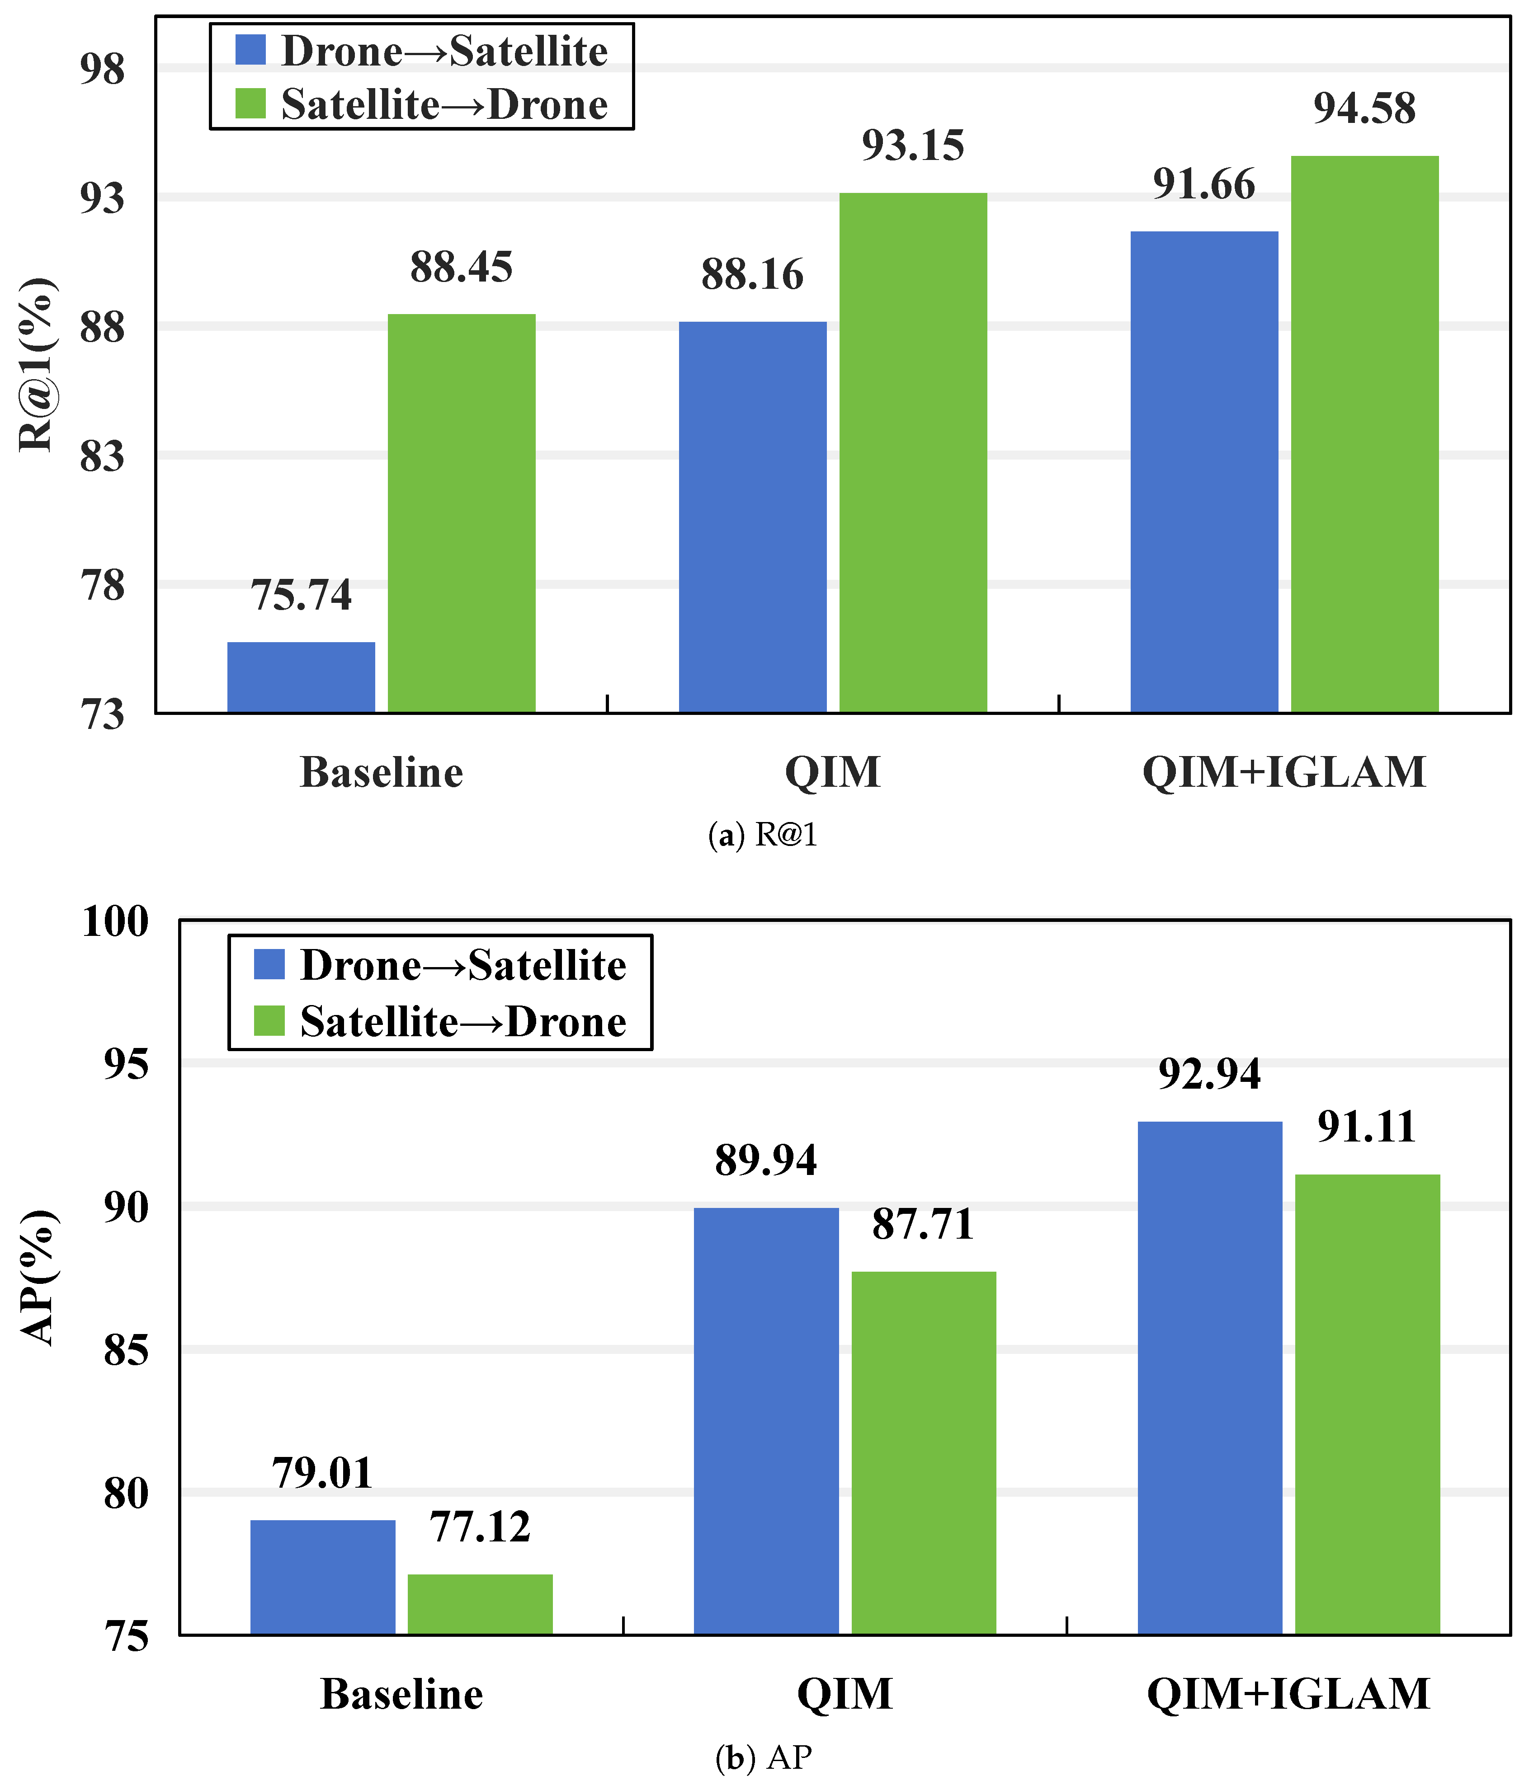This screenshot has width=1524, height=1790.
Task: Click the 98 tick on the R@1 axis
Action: pyautogui.click(x=102, y=69)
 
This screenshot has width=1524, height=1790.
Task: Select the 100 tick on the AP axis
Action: pyautogui.click(x=115, y=921)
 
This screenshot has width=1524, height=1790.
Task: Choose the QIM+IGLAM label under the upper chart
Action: pyautogui.click(x=1284, y=772)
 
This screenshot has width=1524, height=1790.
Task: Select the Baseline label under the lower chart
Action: pyautogui.click(x=402, y=1694)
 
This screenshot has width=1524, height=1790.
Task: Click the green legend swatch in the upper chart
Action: pyautogui.click(x=250, y=103)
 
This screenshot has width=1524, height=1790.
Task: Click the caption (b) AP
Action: pyautogui.click(x=764, y=1757)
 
